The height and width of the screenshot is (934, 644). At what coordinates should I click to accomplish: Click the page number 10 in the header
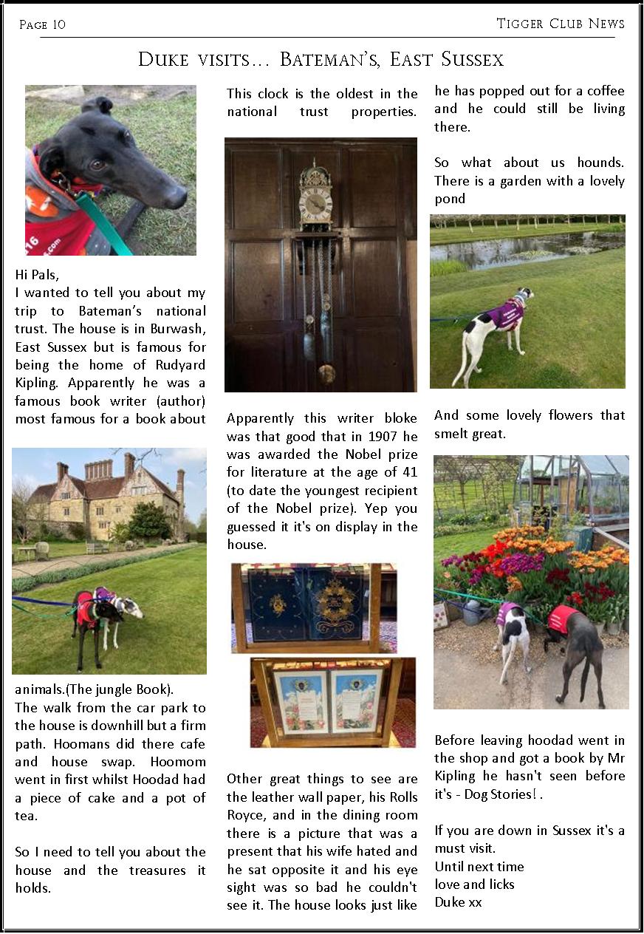pyautogui.click(x=58, y=24)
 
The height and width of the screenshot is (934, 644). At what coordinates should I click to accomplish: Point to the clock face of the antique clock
pyautogui.click(x=316, y=205)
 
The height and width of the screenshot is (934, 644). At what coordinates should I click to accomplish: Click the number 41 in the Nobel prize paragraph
pyautogui.click(x=408, y=472)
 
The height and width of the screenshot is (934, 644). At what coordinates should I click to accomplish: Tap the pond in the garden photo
pyautogui.click(x=517, y=250)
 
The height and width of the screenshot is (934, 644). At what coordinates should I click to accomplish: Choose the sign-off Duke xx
pyautogui.click(x=458, y=902)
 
